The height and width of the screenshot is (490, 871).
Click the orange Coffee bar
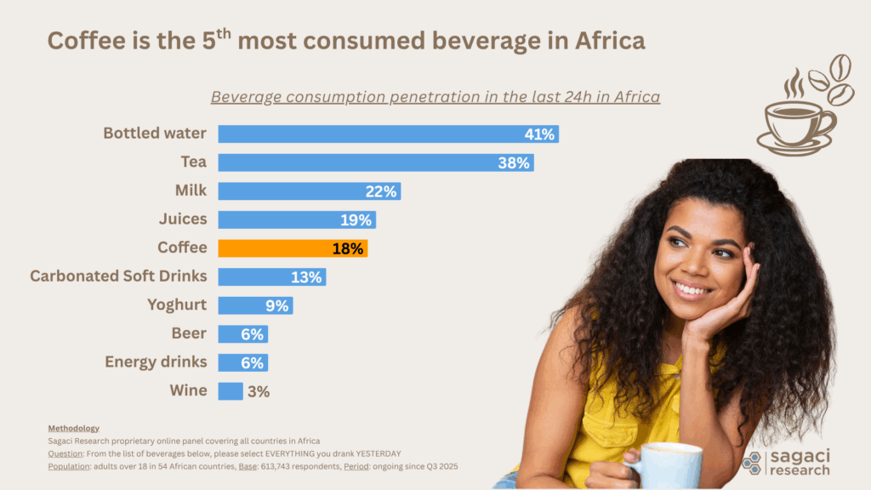click(x=293, y=248)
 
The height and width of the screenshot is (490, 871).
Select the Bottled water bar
click(x=388, y=134)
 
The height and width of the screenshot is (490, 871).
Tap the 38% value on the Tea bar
click(x=514, y=162)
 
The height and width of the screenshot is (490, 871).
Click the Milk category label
click(x=189, y=191)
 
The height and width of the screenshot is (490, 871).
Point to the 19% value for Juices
click(x=356, y=220)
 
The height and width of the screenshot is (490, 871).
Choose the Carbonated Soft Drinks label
click(x=118, y=276)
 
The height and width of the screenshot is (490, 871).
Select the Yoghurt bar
click(x=255, y=305)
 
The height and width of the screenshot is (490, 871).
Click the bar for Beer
click(x=243, y=334)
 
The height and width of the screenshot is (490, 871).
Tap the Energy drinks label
click(x=156, y=362)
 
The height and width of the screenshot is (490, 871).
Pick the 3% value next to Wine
click(x=259, y=392)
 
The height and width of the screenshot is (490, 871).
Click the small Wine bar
click(x=231, y=391)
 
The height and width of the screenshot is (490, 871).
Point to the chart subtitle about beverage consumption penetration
click(x=435, y=97)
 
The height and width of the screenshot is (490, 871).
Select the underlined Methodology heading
click(x=74, y=428)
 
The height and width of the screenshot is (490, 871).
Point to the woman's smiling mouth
click(x=691, y=289)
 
